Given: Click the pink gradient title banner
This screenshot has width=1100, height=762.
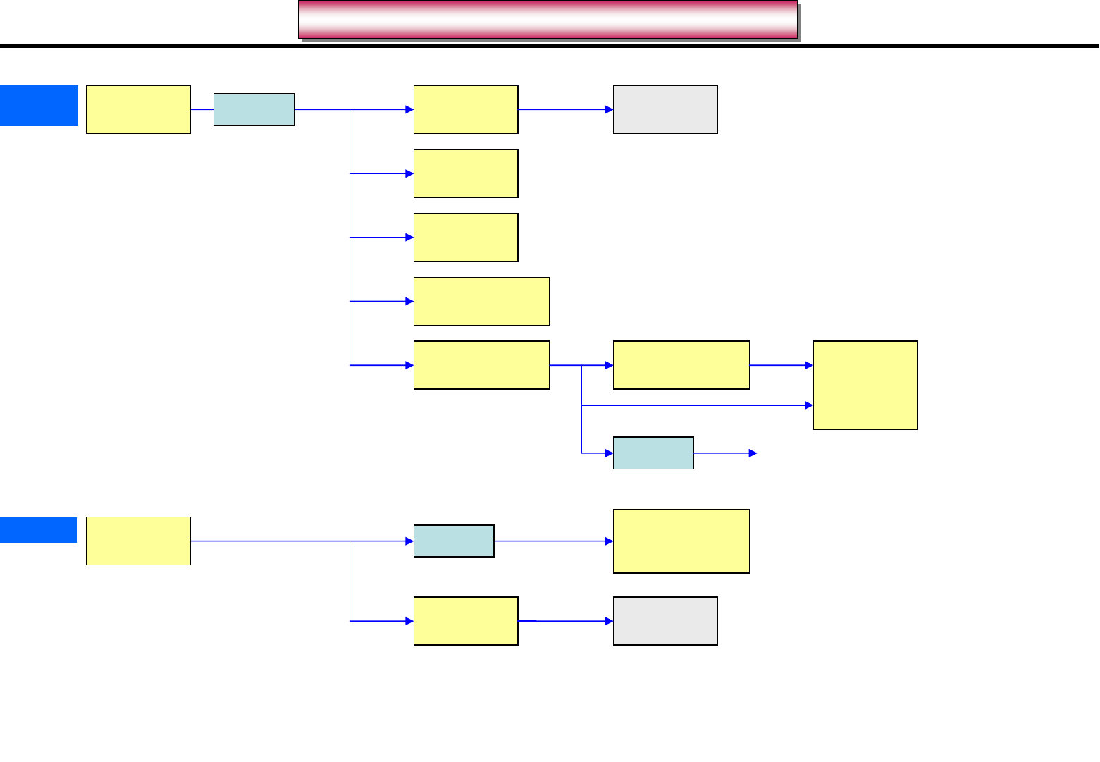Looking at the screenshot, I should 548,20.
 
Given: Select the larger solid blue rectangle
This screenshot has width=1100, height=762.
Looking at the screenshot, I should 39,106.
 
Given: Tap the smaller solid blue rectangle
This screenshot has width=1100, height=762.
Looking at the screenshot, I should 38,530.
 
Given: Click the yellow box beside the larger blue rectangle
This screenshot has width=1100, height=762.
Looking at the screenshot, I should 138,109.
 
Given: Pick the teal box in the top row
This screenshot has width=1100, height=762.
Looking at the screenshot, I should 254,109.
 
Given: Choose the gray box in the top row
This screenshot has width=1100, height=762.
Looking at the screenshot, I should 665,109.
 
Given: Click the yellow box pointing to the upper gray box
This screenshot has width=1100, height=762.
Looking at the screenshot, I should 466,109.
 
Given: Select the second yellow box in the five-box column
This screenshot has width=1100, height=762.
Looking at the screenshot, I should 466,173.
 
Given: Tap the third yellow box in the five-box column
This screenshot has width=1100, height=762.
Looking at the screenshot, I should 466,238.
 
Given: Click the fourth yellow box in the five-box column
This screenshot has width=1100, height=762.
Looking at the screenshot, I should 481,301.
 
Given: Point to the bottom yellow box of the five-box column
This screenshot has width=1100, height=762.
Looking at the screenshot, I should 481,365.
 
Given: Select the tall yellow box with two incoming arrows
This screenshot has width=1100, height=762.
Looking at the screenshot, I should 865,385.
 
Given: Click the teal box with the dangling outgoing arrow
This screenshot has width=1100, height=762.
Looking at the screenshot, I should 653,453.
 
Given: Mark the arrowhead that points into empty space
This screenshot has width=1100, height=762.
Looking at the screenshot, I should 753,453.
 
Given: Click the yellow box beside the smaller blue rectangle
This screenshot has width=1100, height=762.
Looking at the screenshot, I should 138,541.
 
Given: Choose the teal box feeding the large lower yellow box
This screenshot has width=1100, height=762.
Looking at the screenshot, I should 454,541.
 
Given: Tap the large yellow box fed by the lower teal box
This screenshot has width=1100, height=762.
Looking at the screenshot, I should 681,541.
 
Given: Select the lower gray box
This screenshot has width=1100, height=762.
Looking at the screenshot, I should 665,621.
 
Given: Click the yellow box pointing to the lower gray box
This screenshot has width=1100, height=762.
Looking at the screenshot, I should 466,621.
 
